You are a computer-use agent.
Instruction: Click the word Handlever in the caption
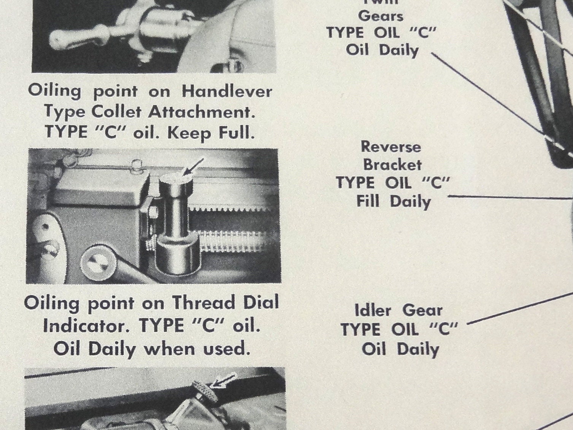(x=227, y=92)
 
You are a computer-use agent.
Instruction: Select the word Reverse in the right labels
(x=391, y=147)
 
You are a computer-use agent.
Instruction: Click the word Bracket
(x=392, y=165)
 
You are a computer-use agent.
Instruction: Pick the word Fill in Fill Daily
(x=368, y=201)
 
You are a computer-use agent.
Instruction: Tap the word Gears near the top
(x=381, y=16)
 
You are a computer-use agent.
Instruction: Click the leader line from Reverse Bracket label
(x=510, y=198)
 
